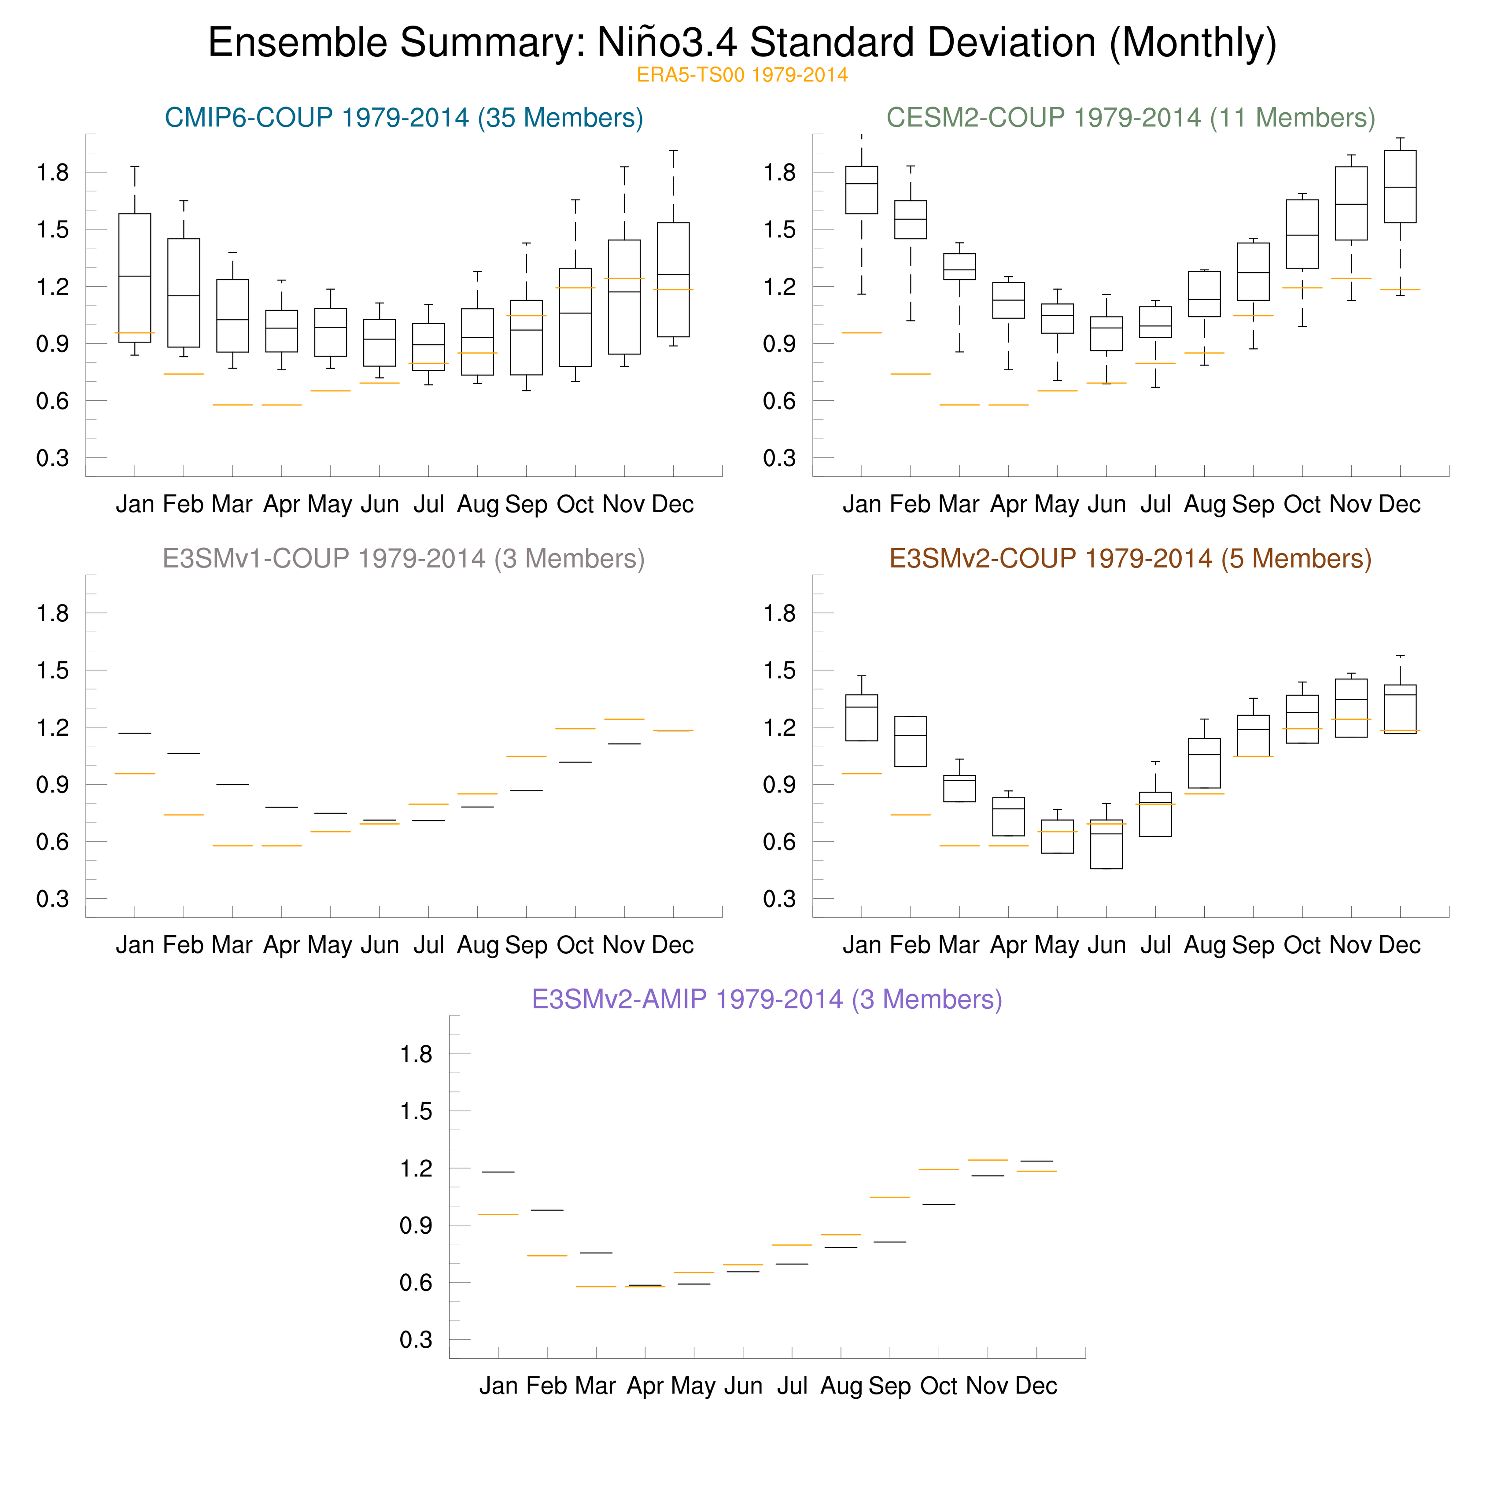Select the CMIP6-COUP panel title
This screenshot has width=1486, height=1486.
(x=404, y=118)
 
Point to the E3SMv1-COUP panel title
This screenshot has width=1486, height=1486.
(x=404, y=558)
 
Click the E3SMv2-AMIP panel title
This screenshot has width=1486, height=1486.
(x=767, y=999)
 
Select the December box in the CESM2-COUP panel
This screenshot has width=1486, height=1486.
(x=1400, y=187)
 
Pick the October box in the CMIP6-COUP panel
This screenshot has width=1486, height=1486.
(x=575, y=317)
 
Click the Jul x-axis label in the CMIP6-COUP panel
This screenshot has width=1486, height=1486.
(x=428, y=505)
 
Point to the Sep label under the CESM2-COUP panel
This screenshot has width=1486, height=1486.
(x=1253, y=505)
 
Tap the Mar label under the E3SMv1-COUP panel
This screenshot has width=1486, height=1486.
(x=232, y=945)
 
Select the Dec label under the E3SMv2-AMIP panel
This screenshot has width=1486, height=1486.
(x=1036, y=1386)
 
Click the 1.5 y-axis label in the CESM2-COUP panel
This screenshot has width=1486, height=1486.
(x=779, y=229)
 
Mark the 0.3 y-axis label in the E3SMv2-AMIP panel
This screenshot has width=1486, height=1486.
(x=416, y=1340)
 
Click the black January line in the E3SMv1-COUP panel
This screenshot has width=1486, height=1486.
(x=135, y=733)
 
